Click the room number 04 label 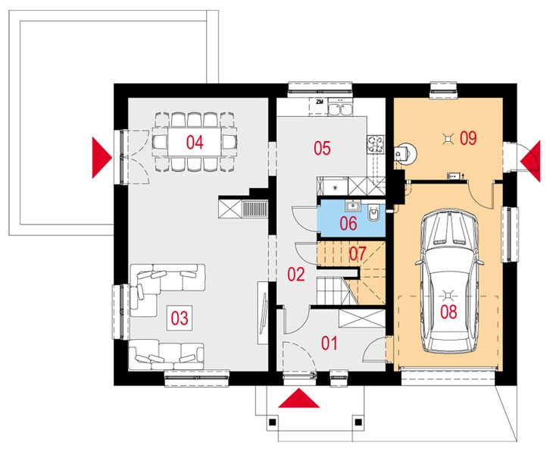click(x=195, y=141)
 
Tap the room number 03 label click(x=179, y=318)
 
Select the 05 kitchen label click(x=322, y=148)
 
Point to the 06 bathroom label click(x=348, y=223)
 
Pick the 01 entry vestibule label click(x=328, y=344)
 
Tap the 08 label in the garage click(x=448, y=312)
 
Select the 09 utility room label click(x=467, y=137)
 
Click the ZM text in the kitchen click(x=320, y=101)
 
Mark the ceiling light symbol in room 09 click(x=448, y=137)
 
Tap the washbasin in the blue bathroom click(x=352, y=206)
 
